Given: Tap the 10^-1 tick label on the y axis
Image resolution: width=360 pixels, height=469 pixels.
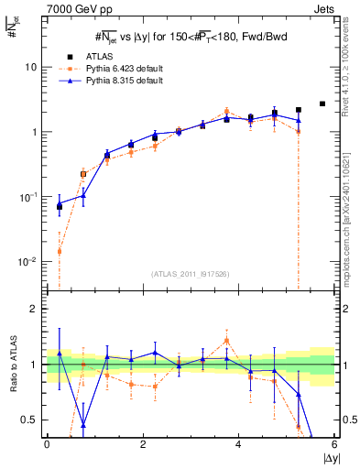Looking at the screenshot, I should [x=29, y=196].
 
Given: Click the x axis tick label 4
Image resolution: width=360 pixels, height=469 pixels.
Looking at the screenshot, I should [x=238, y=443].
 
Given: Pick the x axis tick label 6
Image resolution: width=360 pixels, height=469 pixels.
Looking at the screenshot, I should [x=334, y=443].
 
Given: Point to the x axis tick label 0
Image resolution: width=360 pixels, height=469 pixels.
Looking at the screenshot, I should [x=47, y=443].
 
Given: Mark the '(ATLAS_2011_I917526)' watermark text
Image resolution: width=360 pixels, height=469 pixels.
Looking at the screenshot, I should [x=190, y=274].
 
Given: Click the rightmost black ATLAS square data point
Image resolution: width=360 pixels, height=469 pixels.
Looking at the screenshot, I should [x=322, y=104].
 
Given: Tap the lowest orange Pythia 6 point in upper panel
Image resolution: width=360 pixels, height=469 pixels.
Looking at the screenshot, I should [x=60, y=251].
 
